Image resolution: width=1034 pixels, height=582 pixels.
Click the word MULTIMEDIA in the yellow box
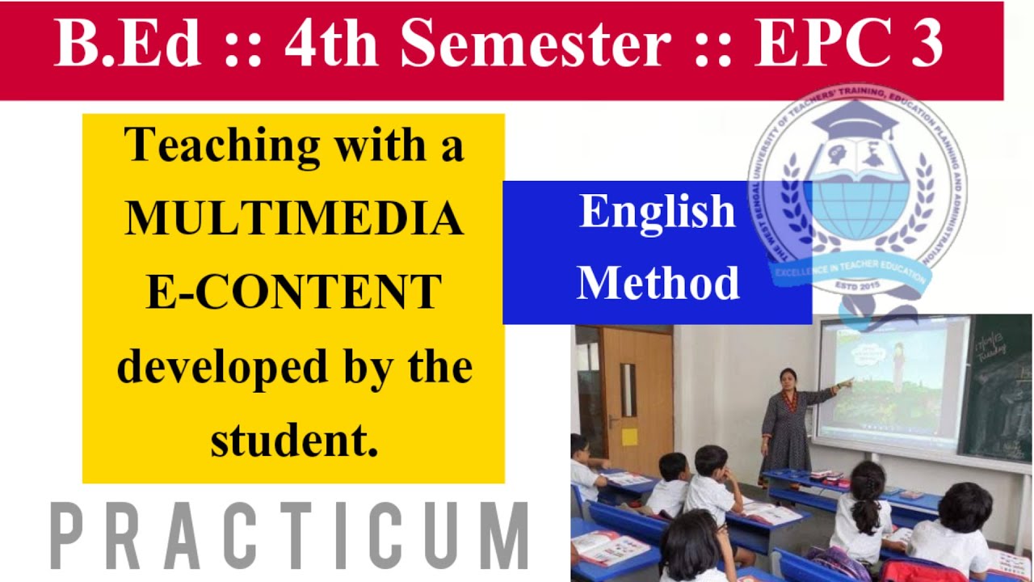294,218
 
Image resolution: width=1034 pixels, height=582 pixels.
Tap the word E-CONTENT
294,292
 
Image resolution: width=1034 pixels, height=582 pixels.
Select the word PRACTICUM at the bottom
289,536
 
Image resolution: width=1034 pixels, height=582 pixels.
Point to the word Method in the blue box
658,283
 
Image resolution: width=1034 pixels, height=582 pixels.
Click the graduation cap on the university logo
854,121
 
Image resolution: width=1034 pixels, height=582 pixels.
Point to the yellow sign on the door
628,436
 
